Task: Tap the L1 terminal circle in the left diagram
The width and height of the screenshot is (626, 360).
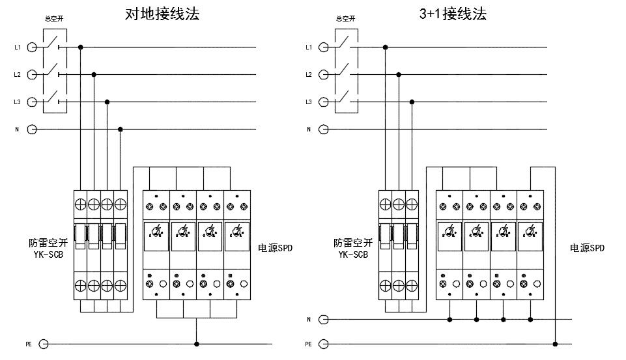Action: [32, 47]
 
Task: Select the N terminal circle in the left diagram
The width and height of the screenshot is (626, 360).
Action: [32, 129]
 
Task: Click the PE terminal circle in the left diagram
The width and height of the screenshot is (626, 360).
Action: [44, 344]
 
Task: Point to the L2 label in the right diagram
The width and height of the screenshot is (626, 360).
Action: [309, 75]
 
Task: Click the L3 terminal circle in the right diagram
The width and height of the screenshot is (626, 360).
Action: [324, 102]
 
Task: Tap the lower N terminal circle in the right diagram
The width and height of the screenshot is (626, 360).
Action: [324, 320]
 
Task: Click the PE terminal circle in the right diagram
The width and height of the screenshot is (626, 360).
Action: [324, 344]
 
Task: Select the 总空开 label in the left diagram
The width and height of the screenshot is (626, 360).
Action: [53, 19]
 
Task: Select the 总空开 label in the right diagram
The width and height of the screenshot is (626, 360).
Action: [345, 19]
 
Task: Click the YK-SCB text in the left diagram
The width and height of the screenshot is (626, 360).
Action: [48, 255]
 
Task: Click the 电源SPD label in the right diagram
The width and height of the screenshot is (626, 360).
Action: [588, 248]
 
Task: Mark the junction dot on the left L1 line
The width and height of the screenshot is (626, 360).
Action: [80, 47]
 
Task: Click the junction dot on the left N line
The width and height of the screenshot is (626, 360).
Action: [121, 129]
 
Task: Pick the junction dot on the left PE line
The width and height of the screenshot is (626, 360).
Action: [197, 344]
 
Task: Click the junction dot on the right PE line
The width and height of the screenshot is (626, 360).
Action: [555, 344]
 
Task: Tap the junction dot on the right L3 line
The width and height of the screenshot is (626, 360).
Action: [412, 102]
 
